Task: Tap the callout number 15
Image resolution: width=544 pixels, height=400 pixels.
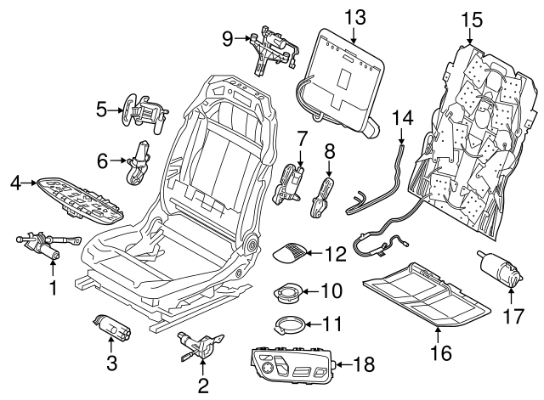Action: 470,16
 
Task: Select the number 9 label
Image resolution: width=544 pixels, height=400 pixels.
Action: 227,37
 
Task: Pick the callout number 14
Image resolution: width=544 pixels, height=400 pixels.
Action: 400,119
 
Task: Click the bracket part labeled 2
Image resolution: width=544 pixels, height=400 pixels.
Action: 198,346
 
